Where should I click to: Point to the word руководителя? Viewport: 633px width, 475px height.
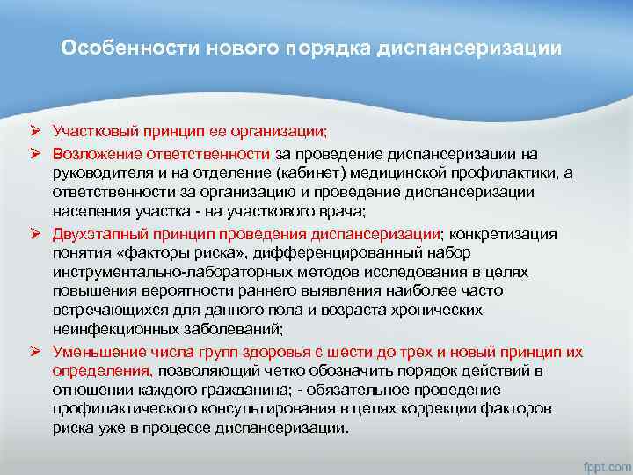tap(97, 172)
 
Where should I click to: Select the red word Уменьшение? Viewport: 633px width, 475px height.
tap(94, 353)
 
